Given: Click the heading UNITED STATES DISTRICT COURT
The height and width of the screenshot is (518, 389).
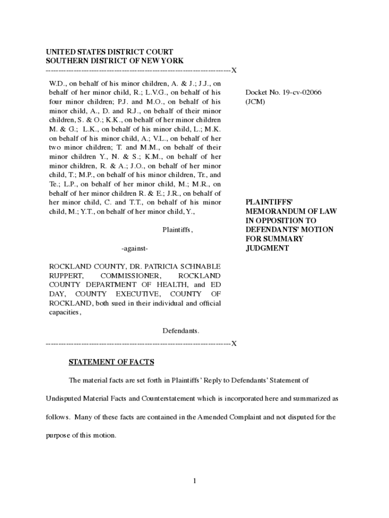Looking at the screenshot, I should tap(110, 52).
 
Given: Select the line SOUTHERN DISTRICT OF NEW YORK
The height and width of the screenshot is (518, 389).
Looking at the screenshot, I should tap(115, 61).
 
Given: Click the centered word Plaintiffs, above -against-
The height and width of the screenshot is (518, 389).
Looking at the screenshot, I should tap(177, 230).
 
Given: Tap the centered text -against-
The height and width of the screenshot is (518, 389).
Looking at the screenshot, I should tap(134, 248).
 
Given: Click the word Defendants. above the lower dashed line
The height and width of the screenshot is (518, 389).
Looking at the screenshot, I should tap(181, 331).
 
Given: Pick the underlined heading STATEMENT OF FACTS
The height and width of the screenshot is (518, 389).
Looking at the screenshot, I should tap(111, 362).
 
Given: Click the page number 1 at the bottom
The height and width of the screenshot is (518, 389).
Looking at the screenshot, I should tap(194, 481).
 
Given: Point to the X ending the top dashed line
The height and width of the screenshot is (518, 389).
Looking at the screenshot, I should tap(234, 70).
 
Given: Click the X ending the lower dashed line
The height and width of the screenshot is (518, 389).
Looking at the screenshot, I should tap(234, 344).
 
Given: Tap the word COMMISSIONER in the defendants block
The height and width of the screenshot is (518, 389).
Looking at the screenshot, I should tap(131, 276).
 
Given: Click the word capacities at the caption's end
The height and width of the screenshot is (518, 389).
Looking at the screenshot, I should tap(64, 312).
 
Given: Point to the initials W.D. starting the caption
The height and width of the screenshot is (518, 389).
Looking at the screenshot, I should tap(57, 83).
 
